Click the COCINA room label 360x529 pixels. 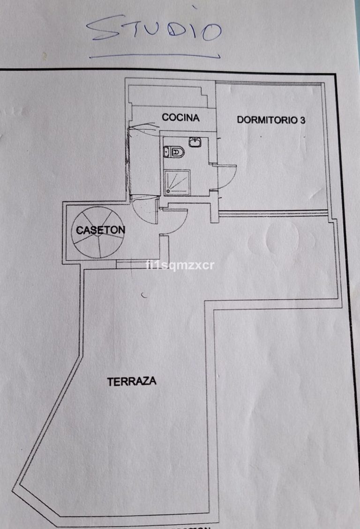tap(180, 117)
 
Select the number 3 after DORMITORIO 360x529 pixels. tap(303, 120)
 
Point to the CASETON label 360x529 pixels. tap(100, 230)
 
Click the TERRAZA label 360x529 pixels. tap(132, 381)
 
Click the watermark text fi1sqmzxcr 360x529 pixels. tap(180, 265)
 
